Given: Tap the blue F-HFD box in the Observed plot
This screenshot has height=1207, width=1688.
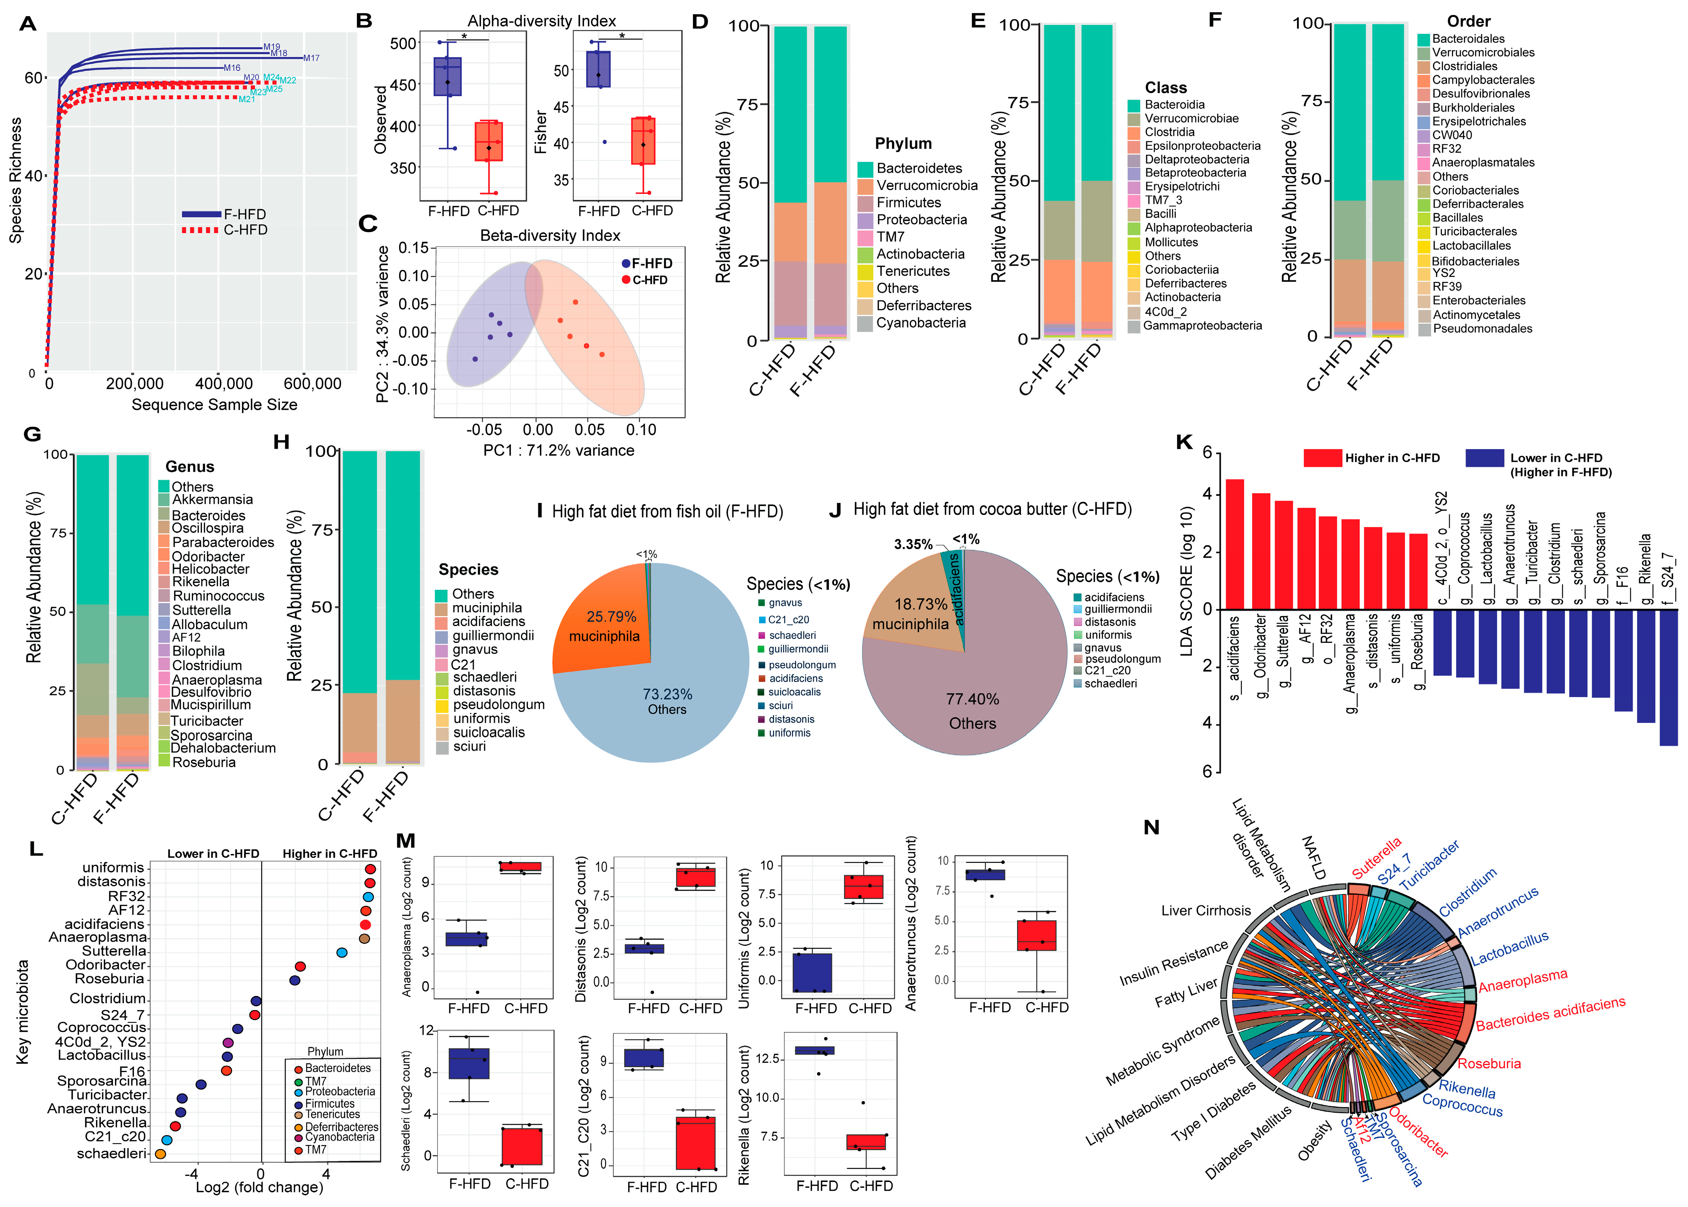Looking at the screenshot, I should tap(448, 77).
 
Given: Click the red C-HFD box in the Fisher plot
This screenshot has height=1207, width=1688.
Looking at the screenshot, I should tap(643, 140).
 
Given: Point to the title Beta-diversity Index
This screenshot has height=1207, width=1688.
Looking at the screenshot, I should tap(550, 236).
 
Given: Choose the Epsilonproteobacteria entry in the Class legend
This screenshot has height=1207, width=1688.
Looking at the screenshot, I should tap(1202, 146).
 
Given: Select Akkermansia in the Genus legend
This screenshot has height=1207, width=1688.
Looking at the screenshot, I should tap(212, 499).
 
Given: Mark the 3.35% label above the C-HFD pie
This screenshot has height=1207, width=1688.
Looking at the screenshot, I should tap(913, 545).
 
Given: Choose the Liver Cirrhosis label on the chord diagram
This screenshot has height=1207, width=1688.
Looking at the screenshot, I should tap(1205, 911).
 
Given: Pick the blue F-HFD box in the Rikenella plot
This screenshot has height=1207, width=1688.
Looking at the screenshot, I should tap(815, 1050).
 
